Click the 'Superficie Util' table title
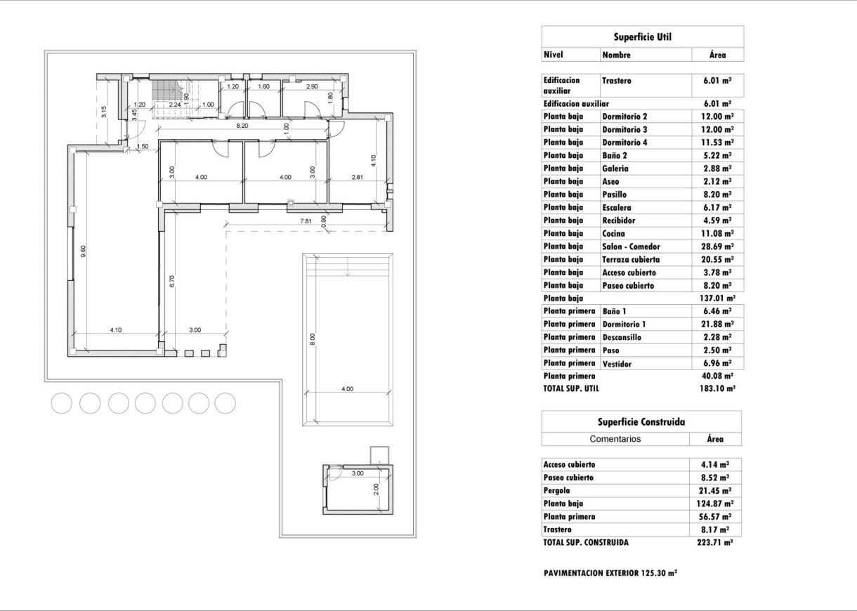click(x=643, y=37)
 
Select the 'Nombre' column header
click(x=616, y=55)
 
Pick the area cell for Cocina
click(x=718, y=233)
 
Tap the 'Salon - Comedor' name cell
click(x=631, y=247)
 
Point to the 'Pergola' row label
click(x=556, y=490)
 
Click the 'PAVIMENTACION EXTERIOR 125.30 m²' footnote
click(x=610, y=573)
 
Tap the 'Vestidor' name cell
click(x=617, y=364)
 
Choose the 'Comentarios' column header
click(x=615, y=439)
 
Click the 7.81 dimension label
click(x=306, y=221)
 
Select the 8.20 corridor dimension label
click(x=242, y=126)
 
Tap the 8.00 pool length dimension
click(x=313, y=339)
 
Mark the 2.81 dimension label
click(x=358, y=178)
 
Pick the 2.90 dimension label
click(x=312, y=86)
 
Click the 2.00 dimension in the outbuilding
click(x=376, y=487)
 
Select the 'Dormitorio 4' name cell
click(x=625, y=143)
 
